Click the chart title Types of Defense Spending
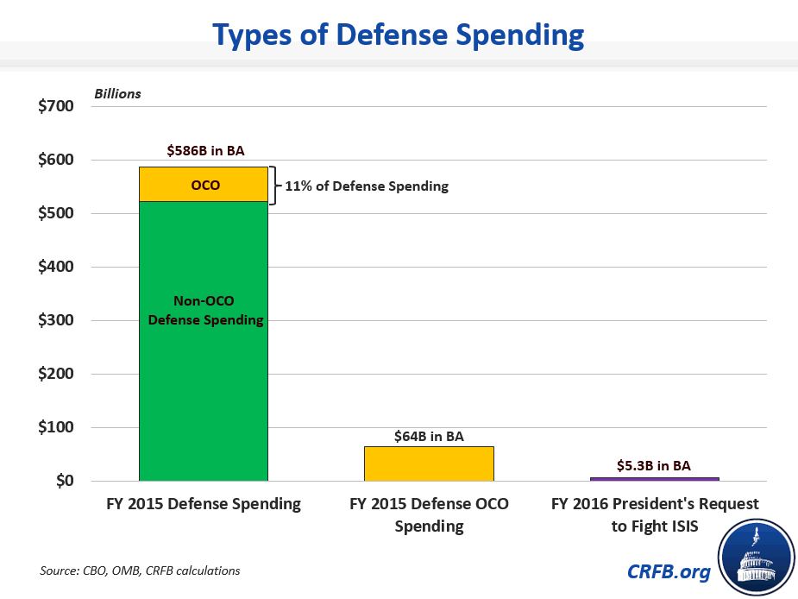pyautogui.click(x=398, y=35)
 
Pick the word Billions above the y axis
pyautogui.click(x=117, y=93)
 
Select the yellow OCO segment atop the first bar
pyautogui.click(x=204, y=185)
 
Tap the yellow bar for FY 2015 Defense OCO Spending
pyautogui.click(x=429, y=463)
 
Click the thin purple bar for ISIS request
pyautogui.click(x=654, y=479)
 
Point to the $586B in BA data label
pyautogui.click(x=205, y=150)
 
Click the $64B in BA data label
pyautogui.click(x=429, y=437)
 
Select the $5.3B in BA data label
pyautogui.click(x=654, y=465)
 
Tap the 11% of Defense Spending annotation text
pyautogui.click(x=367, y=186)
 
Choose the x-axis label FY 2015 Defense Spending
pyautogui.click(x=204, y=504)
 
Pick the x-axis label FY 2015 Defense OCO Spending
pyautogui.click(x=429, y=514)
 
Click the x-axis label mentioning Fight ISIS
pyautogui.click(x=655, y=514)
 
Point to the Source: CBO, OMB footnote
pyautogui.click(x=140, y=571)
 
